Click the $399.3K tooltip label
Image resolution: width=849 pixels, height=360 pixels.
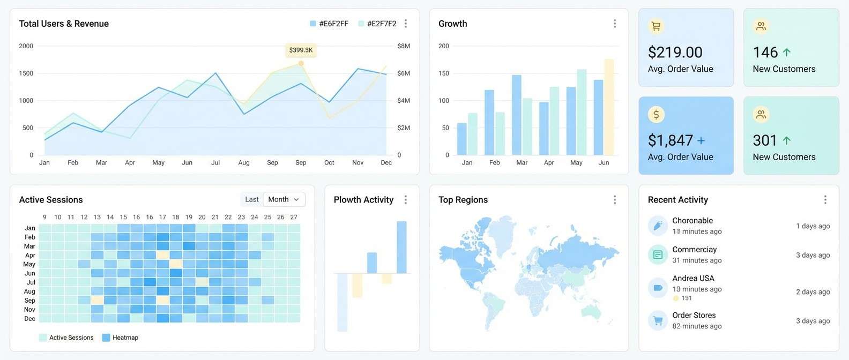tap(301, 50)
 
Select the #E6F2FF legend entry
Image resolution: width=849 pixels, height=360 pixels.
tap(329, 24)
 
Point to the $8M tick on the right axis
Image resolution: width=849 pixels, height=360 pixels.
tap(404, 46)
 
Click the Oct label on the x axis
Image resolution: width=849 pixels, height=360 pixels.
tap(329, 162)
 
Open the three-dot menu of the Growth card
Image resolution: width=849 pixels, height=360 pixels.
tap(615, 24)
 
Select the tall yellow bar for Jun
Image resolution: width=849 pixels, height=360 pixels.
tap(609, 107)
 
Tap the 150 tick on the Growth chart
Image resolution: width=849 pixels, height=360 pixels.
tap(444, 73)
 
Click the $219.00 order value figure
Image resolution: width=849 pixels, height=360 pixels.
tap(675, 52)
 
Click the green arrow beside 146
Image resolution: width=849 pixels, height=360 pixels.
tap(786, 52)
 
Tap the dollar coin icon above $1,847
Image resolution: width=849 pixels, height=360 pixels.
tap(656, 114)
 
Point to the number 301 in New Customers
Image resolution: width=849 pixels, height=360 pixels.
tap(764, 140)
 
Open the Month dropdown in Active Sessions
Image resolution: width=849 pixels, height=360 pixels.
tap(284, 199)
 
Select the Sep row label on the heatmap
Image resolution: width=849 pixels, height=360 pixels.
tap(30, 301)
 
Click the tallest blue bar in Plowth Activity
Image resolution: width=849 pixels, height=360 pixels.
tap(401, 247)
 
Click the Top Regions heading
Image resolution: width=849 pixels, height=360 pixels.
tap(463, 200)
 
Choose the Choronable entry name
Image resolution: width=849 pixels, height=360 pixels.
tap(692, 221)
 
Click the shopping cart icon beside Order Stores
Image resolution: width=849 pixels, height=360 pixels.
tap(658, 320)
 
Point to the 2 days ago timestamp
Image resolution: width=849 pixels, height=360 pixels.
tap(813, 292)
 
